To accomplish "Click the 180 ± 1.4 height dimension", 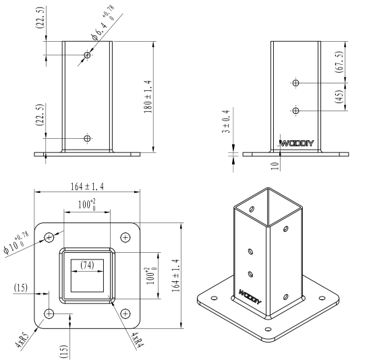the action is tap(148, 96).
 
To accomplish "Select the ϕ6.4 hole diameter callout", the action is tap(103, 23).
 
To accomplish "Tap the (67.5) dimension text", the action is tap(339, 62).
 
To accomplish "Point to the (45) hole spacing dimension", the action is tap(339, 96).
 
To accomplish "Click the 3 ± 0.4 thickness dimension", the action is tap(226, 121).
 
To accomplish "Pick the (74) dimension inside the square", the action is tap(87, 265).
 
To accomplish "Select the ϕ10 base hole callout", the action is tap(16, 243).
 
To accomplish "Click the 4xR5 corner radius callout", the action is tap(22, 340).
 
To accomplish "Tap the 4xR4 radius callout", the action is tap(138, 340).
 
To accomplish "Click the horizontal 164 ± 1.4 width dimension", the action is tap(87, 187).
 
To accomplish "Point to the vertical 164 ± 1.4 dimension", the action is tap(175, 276).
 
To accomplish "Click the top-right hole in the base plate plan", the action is tap(125, 237).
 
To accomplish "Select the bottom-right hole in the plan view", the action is tap(125, 314).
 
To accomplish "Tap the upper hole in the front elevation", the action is tap(87, 55).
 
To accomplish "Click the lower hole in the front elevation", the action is tap(87, 138).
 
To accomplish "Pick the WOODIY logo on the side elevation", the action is tap(297, 144).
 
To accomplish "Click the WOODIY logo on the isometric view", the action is tap(250, 297).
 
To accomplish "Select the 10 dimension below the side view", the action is tap(275, 166).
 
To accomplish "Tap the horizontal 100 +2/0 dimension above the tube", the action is tap(87, 204).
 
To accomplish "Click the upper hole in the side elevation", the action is tap(295, 83).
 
